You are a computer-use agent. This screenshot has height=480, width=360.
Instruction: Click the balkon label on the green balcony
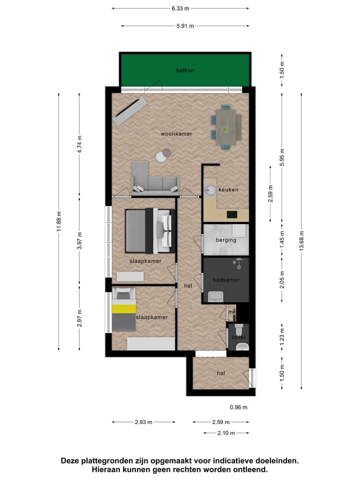pos(185,70)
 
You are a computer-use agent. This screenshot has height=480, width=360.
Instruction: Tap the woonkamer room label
pos(176,134)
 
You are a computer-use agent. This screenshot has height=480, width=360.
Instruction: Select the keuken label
pos(228,190)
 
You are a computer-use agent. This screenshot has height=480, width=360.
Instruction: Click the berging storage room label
pos(226,240)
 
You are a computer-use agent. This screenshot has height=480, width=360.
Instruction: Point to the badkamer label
pos(226,280)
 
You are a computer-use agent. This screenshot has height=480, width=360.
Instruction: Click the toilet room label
pos(238,337)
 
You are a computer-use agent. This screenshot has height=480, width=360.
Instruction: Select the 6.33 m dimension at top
pos(180,8)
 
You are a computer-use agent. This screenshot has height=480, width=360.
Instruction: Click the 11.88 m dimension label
pos(59,221)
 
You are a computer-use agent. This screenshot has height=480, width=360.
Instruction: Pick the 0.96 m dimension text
pos(238,407)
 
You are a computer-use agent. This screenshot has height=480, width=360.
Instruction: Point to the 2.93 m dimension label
pos(143,422)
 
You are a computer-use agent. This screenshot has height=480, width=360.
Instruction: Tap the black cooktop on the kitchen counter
pos(232,215)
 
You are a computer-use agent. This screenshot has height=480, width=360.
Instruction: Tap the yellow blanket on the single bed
pos(124,309)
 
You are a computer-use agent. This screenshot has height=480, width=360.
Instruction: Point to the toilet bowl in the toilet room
pos(238,330)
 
